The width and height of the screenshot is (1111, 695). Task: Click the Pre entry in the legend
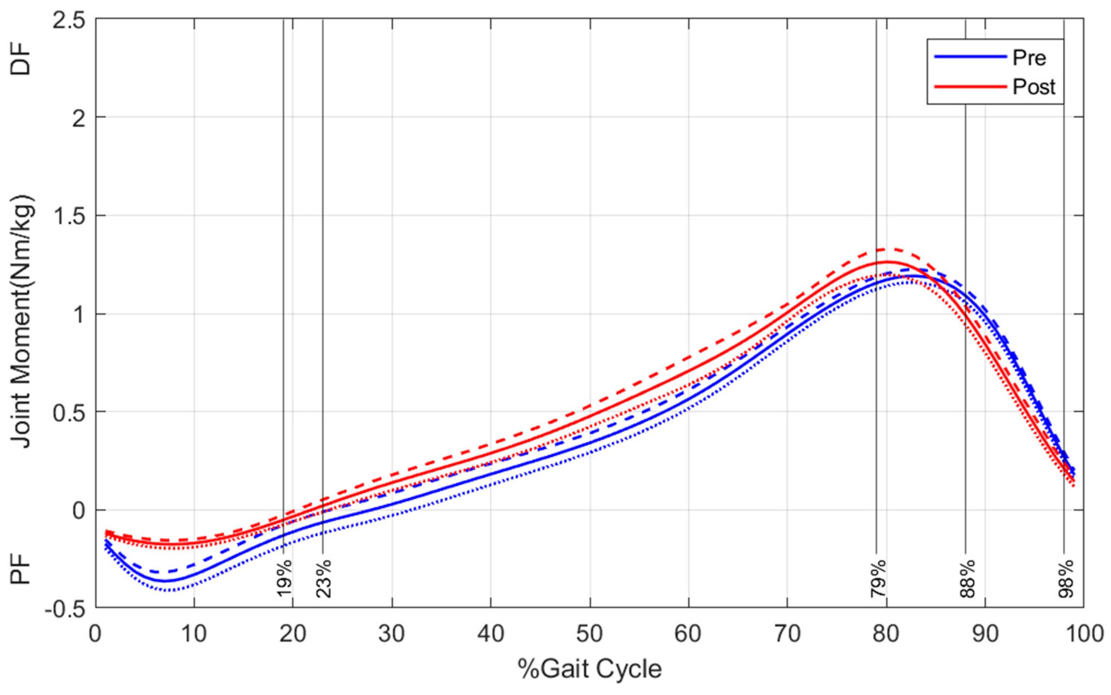(1029, 57)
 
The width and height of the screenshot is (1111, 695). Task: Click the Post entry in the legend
(1034, 86)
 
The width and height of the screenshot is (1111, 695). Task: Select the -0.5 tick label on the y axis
(65, 609)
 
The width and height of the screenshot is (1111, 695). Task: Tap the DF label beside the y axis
(21, 62)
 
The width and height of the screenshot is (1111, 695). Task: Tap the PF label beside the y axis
(21, 569)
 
